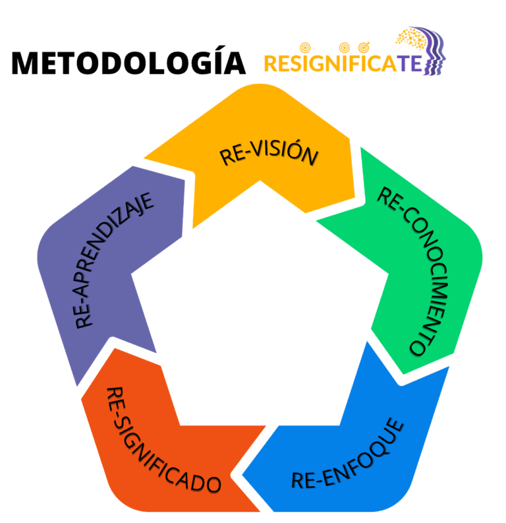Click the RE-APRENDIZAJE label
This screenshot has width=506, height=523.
(113, 260)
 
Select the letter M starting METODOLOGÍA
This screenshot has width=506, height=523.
(26, 63)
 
